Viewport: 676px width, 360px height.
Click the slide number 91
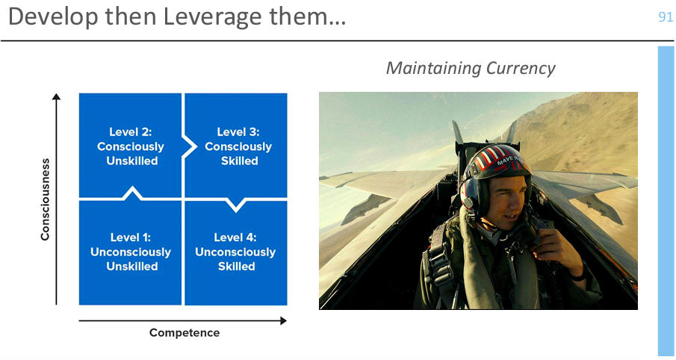666,17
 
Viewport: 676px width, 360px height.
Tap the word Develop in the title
54,18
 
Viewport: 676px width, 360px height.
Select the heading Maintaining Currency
471,68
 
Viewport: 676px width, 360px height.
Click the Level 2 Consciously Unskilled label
131,146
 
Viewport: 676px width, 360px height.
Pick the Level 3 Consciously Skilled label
238,146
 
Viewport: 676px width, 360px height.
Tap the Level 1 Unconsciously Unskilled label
131,252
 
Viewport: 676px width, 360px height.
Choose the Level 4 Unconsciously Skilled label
235,252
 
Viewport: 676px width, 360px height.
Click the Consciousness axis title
46,199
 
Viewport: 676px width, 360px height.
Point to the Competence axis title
184,333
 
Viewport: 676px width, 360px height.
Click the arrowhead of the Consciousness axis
56,96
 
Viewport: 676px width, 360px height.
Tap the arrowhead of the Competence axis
283,320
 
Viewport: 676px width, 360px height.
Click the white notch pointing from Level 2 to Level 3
189,146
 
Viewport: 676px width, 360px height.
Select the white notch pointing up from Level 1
132,193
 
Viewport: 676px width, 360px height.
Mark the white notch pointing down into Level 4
236,205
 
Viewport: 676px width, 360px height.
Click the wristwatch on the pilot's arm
580,272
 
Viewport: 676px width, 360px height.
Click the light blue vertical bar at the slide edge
666,201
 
